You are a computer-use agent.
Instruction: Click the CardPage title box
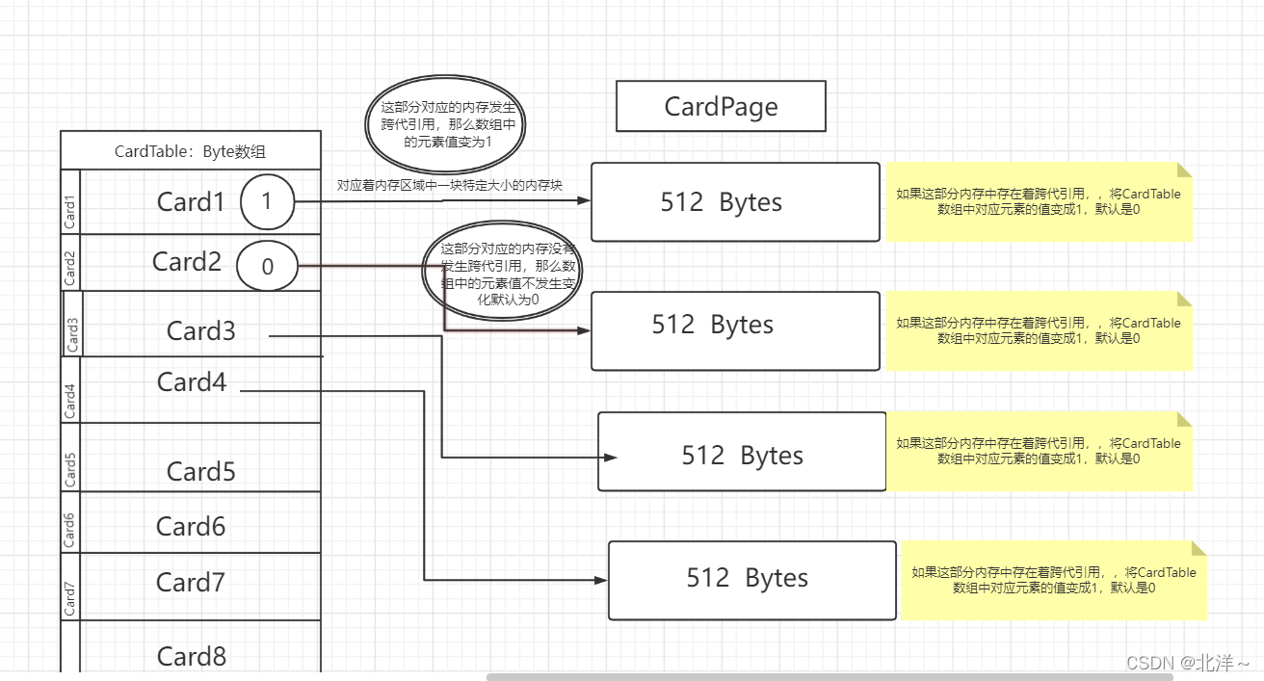coord(721,106)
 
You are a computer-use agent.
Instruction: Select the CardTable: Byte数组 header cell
coord(191,150)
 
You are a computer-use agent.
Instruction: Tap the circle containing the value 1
coord(268,202)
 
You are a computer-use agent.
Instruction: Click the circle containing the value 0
coord(268,266)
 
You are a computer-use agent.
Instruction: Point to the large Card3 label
coord(201,330)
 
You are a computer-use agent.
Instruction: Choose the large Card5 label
coord(201,471)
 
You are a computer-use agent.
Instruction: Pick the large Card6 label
coord(191,527)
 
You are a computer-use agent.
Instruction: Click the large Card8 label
coord(192,656)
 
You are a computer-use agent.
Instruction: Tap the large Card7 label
coord(191,582)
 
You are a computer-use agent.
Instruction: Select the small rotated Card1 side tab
coord(70,212)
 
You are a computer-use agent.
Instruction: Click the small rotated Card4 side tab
coord(70,401)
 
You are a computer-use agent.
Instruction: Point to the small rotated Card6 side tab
coord(70,530)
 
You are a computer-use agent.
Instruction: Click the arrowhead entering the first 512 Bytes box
coord(584,200)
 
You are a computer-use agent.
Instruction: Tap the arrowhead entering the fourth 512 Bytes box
coord(600,580)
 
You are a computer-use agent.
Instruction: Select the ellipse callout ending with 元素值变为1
coord(445,124)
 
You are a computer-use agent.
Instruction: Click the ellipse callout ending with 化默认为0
coord(502,271)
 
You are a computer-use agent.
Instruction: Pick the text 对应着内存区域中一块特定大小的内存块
coord(449,185)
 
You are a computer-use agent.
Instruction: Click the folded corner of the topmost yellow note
coord(1184,170)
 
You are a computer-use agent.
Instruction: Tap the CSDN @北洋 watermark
coord(1188,663)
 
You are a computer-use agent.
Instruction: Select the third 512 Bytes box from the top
coord(742,452)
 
